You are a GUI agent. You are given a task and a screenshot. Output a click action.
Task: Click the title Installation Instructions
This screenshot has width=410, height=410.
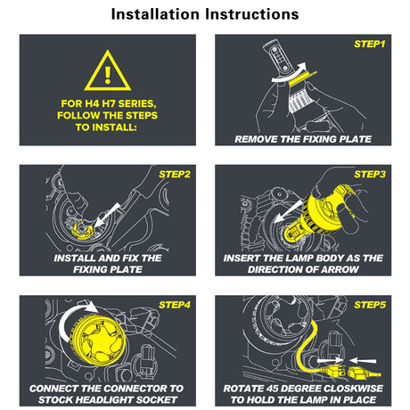pos(205,14)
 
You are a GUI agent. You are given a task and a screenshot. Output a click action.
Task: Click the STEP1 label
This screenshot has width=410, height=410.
pos(370,45)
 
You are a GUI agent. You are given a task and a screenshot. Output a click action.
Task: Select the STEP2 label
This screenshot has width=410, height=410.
pos(175,175)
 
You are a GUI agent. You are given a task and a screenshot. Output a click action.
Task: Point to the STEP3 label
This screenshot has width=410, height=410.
pos(370,175)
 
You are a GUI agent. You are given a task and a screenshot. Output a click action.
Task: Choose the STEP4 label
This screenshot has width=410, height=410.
pos(175,305)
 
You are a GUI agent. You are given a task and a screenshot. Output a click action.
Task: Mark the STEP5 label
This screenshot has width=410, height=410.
pos(370,305)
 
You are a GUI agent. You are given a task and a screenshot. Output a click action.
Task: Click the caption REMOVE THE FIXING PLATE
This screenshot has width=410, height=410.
pos(303,139)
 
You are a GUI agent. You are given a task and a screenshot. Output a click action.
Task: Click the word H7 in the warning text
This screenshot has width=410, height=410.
pos(110,103)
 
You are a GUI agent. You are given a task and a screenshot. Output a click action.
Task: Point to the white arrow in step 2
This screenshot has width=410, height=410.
pos(108,216)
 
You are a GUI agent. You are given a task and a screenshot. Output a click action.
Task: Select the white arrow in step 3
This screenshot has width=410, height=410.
pos(288,211)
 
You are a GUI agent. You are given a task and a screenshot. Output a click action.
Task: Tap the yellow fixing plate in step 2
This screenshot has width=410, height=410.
pos(82,229)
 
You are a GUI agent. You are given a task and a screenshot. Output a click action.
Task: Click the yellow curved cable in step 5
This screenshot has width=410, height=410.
pos(306,348)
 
